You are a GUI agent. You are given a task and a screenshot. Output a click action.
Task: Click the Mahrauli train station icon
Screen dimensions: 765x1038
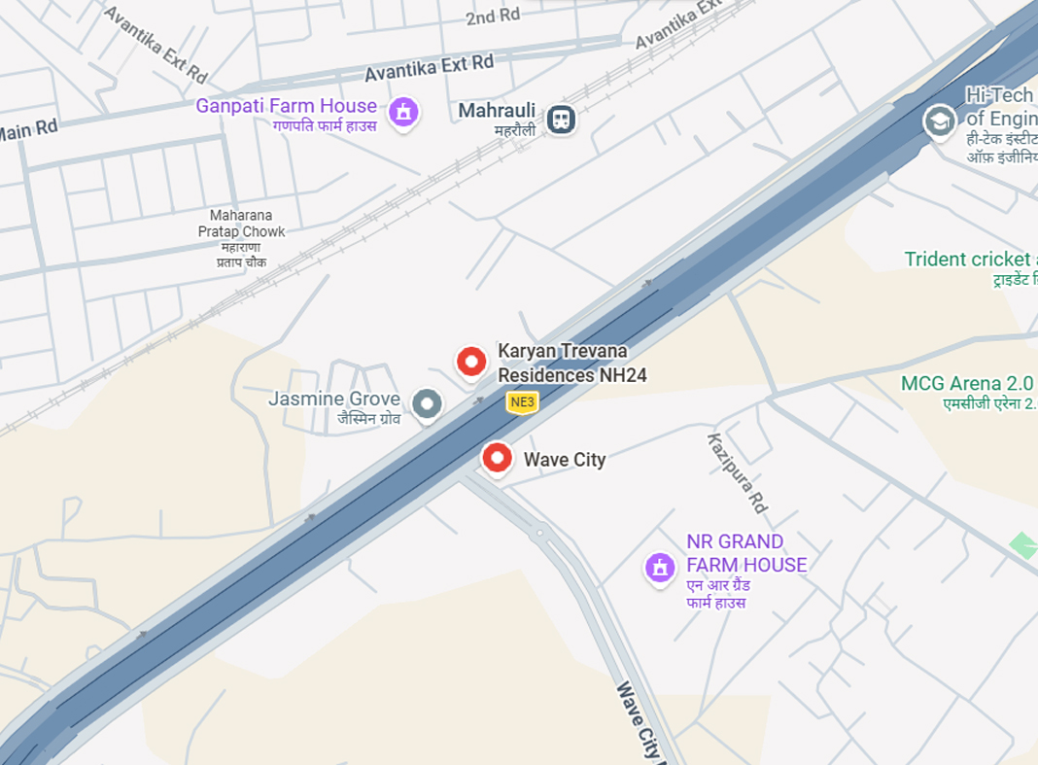coord(561,120)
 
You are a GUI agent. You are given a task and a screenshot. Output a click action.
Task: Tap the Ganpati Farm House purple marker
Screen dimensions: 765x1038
coord(403,112)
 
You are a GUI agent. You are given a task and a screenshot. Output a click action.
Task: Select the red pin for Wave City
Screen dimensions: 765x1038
coord(498,457)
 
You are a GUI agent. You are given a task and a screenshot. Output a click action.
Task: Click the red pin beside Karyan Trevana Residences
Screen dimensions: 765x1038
coord(471,363)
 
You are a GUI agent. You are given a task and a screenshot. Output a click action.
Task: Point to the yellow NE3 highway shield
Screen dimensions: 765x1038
coord(523,401)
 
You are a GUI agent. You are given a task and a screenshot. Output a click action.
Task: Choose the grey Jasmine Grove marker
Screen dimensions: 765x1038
coord(427,403)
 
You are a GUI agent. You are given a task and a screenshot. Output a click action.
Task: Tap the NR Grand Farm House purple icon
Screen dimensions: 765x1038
coord(660,568)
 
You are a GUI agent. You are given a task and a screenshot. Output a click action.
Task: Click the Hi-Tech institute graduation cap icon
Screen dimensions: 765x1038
coord(939,122)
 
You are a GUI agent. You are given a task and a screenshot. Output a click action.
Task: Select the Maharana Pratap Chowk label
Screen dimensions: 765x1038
coord(242,224)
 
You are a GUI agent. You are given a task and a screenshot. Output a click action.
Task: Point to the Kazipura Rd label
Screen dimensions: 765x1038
coord(738,473)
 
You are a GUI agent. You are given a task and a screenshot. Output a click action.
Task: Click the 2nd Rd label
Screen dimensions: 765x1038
coord(493,17)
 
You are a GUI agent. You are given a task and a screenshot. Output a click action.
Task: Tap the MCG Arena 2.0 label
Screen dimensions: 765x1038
coord(967,383)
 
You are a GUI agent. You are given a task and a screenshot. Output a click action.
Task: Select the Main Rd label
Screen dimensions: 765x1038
coord(28,130)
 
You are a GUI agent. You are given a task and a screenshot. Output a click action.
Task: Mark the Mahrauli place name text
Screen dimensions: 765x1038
coord(497,111)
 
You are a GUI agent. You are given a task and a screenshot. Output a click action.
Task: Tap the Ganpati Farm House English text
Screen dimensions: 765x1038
coord(286,106)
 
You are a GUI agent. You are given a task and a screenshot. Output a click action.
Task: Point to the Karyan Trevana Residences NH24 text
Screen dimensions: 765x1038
coord(572,363)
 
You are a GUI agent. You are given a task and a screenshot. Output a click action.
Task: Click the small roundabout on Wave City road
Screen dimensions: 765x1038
coord(538,532)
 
